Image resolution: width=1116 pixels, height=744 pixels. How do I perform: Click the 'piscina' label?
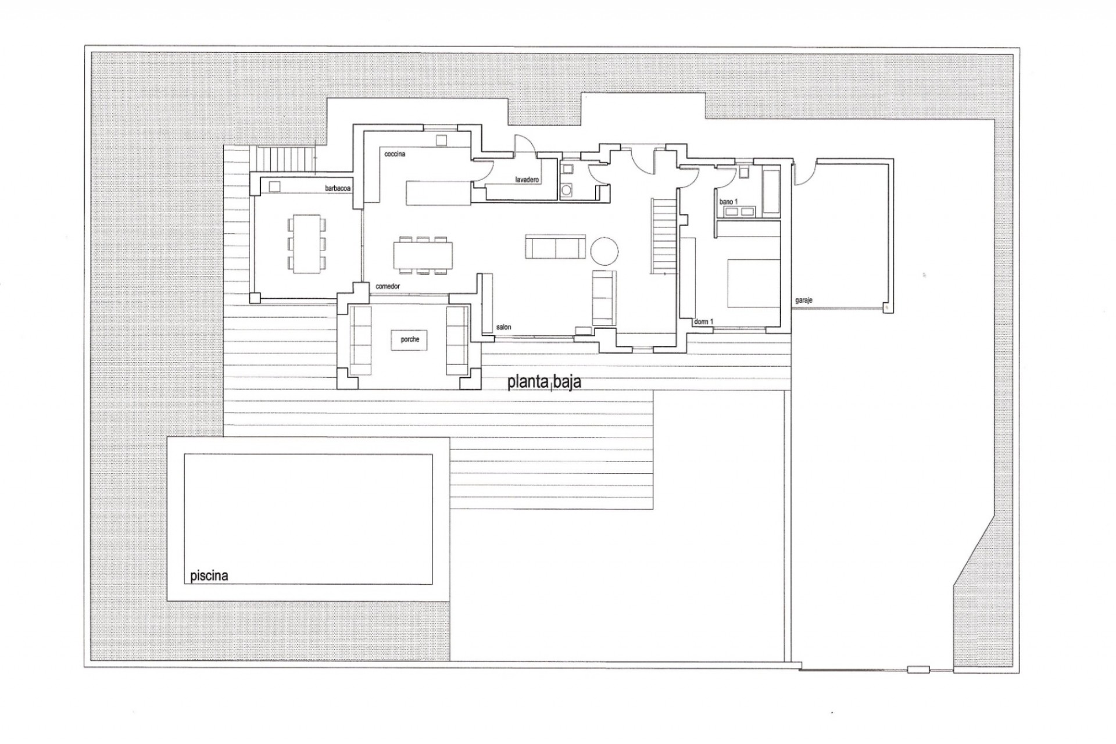(209, 576)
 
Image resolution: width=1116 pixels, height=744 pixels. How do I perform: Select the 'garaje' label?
(803, 301)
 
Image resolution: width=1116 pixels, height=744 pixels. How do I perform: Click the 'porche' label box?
(410, 339)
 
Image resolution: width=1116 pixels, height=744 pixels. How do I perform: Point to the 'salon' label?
(503, 327)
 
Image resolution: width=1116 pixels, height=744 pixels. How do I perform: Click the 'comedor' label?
(388, 287)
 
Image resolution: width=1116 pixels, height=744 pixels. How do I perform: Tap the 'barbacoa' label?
(338, 189)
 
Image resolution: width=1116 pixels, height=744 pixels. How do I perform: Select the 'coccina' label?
(395, 154)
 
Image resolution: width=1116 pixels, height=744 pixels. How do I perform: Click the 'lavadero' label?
(527, 180)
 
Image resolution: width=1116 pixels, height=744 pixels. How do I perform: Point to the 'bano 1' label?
(728, 202)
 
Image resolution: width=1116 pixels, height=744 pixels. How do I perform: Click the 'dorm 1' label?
(703, 321)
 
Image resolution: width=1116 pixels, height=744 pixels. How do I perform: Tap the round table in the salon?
(604, 252)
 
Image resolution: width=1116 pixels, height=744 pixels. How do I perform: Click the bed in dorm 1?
(753, 283)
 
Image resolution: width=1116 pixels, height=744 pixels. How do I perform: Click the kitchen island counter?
(438, 193)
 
